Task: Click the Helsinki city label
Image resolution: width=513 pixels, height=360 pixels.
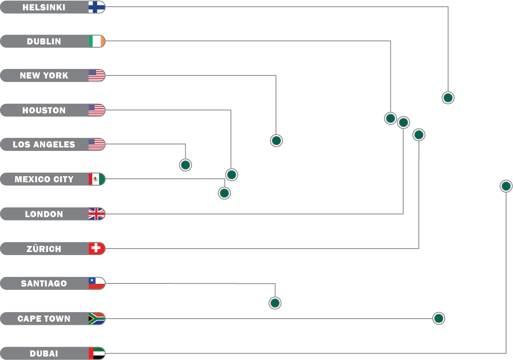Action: pyautogui.click(x=44, y=7)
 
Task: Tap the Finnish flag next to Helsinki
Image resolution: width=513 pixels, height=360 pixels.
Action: pyautogui.click(x=96, y=7)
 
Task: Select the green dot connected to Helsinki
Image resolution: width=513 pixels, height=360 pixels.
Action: pyautogui.click(x=448, y=98)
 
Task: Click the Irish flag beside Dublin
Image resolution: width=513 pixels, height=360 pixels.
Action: pyautogui.click(x=96, y=41)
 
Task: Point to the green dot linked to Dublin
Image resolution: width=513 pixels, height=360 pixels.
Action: pyautogui.click(x=390, y=118)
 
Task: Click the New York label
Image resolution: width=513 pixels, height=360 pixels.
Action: pyautogui.click(x=44, y=75)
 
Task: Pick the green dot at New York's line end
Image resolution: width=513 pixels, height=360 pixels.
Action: pyautogui.click(x=276, y=141)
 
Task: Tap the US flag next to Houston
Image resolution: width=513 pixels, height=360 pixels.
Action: pyautogui.click(x=96, y=110)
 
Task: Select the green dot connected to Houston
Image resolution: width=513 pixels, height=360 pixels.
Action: pyautogui.click(x=231, y=175)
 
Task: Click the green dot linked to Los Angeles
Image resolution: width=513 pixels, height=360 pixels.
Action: pyautogui.click(x=185, y=165)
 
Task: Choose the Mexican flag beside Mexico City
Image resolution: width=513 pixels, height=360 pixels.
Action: pyautogui.click(x=96, y=179)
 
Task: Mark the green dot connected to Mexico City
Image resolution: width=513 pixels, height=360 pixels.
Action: pyautogui.click(x=224, y=193)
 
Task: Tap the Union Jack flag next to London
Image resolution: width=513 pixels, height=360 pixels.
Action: pyautogui.click(x=96, y=214)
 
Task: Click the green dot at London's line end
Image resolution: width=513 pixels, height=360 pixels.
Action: pyautogui.click(x=403, y=123)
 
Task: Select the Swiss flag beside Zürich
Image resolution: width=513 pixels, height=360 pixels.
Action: pyautogui.click(x=96, y=249)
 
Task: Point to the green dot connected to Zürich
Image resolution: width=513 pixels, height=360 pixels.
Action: pyautogui.click(x=419, y=135)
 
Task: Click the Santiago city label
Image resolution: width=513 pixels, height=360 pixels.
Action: pyautogui.click(x=44, y=283)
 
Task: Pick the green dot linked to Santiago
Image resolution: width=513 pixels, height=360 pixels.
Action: pyautogui.click(x=275, y=303)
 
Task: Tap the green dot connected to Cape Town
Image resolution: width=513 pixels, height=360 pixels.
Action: pyautogui.click(x=439, y=318)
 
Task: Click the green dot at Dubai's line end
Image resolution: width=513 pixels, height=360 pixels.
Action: pyautogui.click(x=506, y=186)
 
